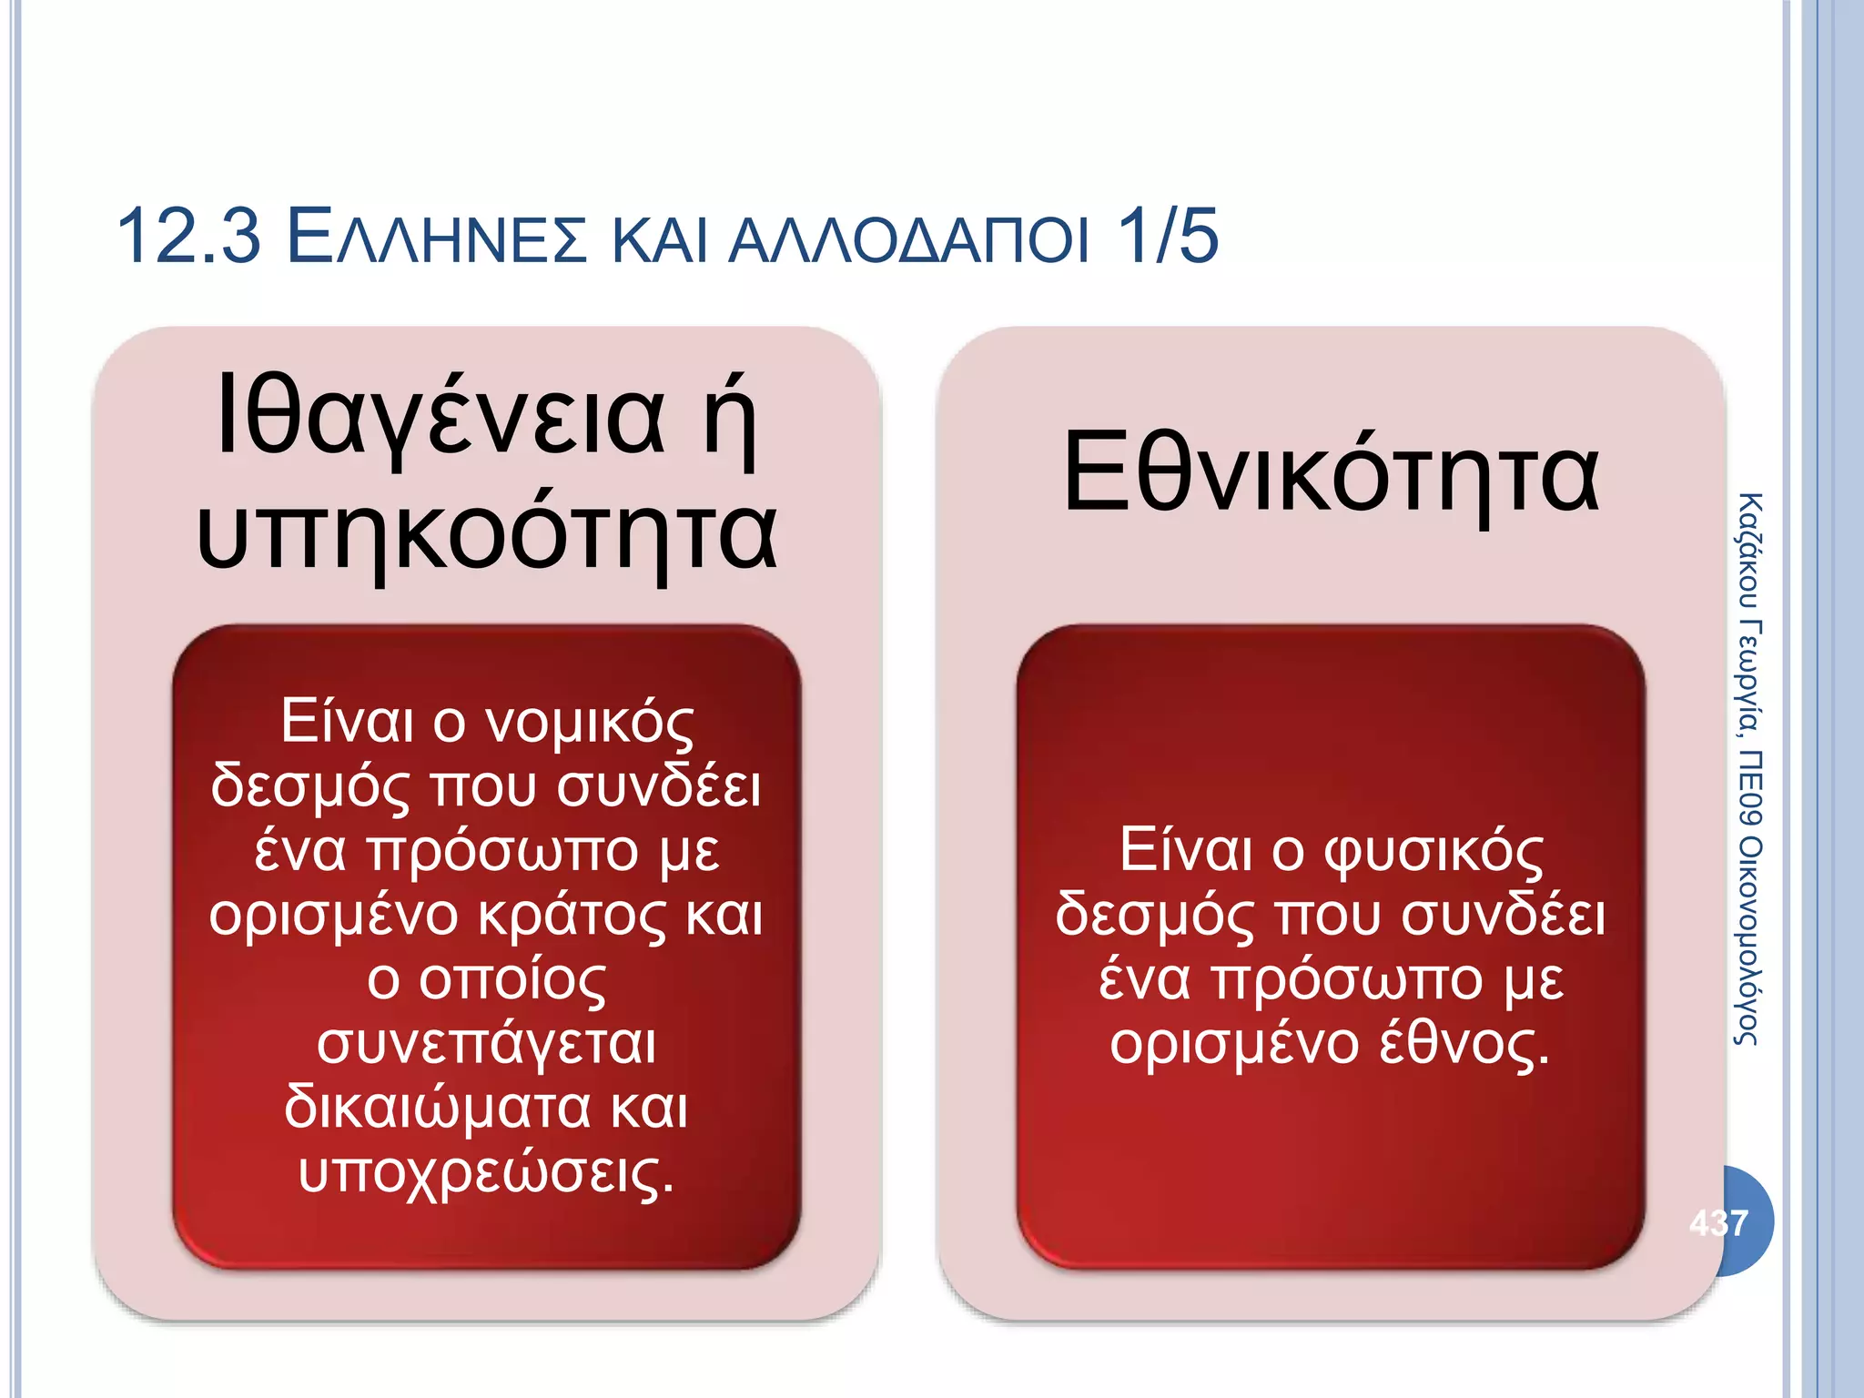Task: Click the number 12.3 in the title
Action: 189,237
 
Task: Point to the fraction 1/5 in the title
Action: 1168,237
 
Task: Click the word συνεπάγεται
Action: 487,1045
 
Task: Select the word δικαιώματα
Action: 438,1109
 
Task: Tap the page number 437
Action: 1718,1222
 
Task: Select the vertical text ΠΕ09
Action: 1748,787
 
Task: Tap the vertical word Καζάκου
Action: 1748,551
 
